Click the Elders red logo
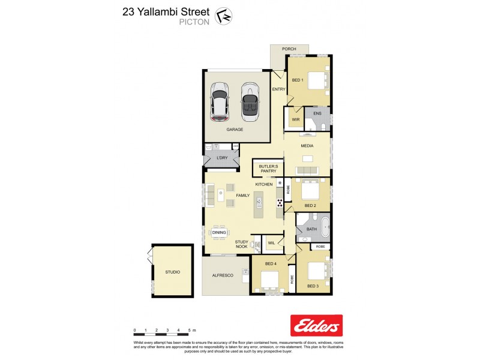pyautogui.click(x=316, y=325)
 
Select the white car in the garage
pyautogui.click(x=219, y=101)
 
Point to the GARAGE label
pyautogui.click(x=235, y=129)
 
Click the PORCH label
pyautogui.click(x=289, y=49)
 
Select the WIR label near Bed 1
pyautogui.click(x=296, y=119)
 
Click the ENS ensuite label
pyautogui.click(x=317, y=113)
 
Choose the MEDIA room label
pyautogui.click(x=307, y=145)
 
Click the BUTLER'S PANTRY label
pyautogui.click(x=267, y=168)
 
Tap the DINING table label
pyautogui.click(x=219, y=232)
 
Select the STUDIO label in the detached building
pyautogui.click(x=173, y=272)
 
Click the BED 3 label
pyautogui.click(x=313, y=286)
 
